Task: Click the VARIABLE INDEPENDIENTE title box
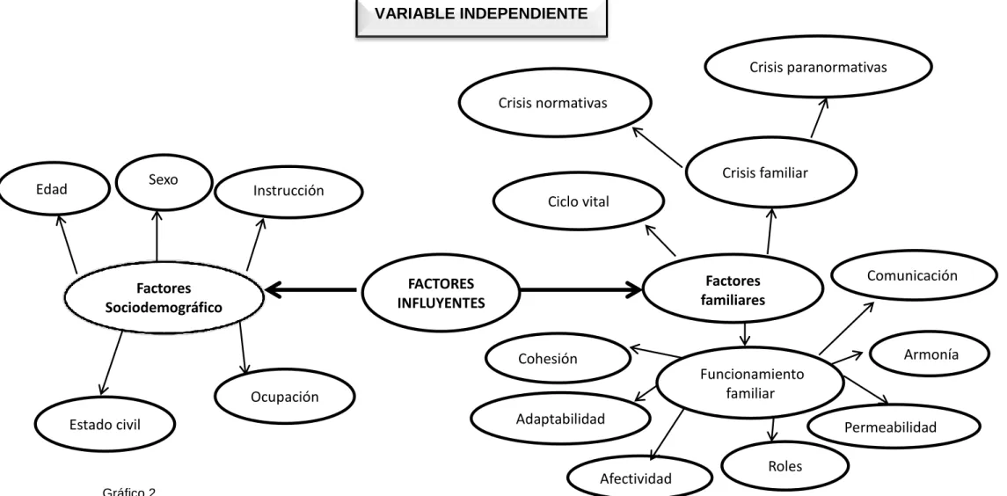coord(481,15)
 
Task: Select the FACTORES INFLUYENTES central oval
coord(441,292)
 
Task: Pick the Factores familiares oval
coord(733,290)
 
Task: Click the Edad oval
coord(54,190)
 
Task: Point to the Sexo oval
coord(163,182)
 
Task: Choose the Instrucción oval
coord(288,191)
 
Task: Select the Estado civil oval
coord(105,424)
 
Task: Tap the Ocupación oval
coord(284,397)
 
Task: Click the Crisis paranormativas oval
coord(818,67)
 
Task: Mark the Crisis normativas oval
coord(555,103)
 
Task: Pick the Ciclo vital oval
coord(579,201)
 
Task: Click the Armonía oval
coord(930,354)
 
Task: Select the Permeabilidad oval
coord(894,426)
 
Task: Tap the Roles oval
coord(784,466)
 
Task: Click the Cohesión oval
coord(558,358)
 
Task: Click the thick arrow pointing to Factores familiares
coord(581,290)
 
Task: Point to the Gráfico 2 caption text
coord(129,492)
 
